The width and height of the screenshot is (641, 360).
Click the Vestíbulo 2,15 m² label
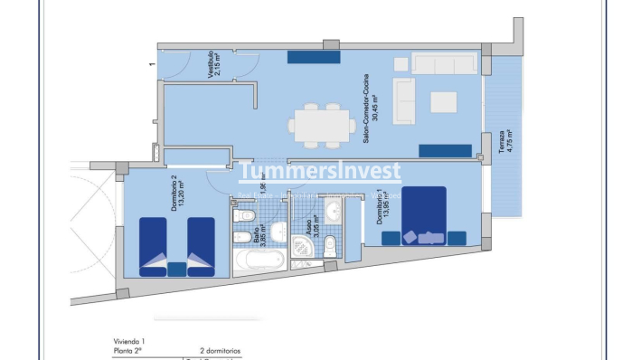point(214,65)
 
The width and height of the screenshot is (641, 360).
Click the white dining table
point(320,124)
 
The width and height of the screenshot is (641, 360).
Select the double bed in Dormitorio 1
point(424,215)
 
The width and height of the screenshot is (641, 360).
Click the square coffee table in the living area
point(443,101)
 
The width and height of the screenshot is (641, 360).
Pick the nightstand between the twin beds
point(177,269)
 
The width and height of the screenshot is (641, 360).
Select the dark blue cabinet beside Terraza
point(445,150)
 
